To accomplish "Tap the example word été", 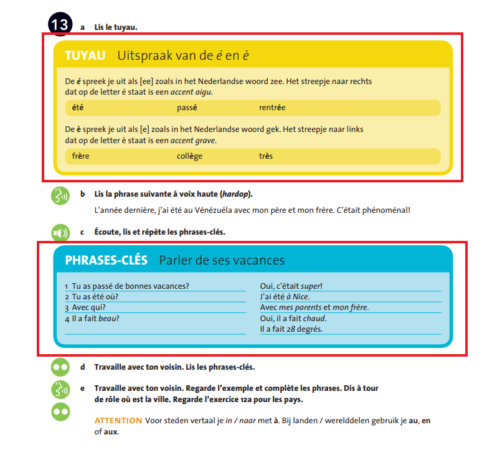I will click(78, 108).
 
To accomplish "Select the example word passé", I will click(187, 108).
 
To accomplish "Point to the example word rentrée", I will click(272, 108).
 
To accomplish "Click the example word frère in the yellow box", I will click(80, 156).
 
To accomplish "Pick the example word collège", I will click(189, 156).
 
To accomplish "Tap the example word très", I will click(266, 156).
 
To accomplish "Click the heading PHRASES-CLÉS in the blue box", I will click(106, 260).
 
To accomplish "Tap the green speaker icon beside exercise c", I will click(60, 233).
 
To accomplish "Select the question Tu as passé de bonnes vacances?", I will click(130, 286).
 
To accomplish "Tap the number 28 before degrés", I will click(290, 329).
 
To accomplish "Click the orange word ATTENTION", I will click(118, 421).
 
